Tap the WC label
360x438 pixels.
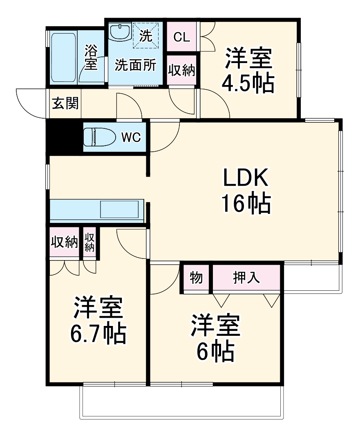click(x=131, y=137)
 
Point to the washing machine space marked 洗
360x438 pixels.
click(x=146, y=35)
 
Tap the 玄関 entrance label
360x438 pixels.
click(x=65, y=104)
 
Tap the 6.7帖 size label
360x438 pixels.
click(x=98, y=334)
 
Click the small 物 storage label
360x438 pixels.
click(x=196, y=278)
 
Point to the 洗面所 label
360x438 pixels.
click(x=135, y=65)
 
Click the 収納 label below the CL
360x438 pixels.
click(x=181, y=70)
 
